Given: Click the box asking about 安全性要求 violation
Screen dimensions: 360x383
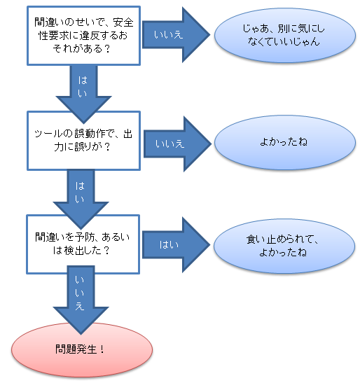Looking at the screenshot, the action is (83, 36).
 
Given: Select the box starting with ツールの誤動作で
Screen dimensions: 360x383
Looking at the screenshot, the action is (83, 141).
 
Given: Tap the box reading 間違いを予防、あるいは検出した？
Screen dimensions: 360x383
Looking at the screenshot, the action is (83, 244).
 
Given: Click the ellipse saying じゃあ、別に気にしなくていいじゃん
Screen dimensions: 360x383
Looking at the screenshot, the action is (285, 36).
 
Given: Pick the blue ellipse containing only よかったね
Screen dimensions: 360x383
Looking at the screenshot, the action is (285, 142).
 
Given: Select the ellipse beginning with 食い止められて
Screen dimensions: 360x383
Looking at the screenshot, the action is (284, 246).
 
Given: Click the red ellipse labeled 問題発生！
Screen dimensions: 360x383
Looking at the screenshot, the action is (82, 350).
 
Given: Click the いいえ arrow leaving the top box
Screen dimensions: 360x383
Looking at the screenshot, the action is (176, 35).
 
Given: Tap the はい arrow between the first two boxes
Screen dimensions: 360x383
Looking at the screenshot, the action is (83, 94).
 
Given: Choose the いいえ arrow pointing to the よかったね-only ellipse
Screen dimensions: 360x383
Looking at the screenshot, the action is (177, 144).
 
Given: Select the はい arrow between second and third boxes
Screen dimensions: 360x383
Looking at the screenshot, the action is (81, 200).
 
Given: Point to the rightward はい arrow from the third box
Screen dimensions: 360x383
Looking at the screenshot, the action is (176, 245).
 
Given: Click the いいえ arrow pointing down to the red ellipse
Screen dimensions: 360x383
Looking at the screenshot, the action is (81, 300).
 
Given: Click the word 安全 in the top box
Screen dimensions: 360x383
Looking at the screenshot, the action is (123, 22).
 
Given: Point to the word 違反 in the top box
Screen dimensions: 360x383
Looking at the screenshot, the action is (90, 36).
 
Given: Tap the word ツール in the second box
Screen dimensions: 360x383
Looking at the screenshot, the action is (48, 134).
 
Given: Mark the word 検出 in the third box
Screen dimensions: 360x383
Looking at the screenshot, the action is (74, 251).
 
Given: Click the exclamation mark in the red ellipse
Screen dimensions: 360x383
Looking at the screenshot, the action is (102, 349).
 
